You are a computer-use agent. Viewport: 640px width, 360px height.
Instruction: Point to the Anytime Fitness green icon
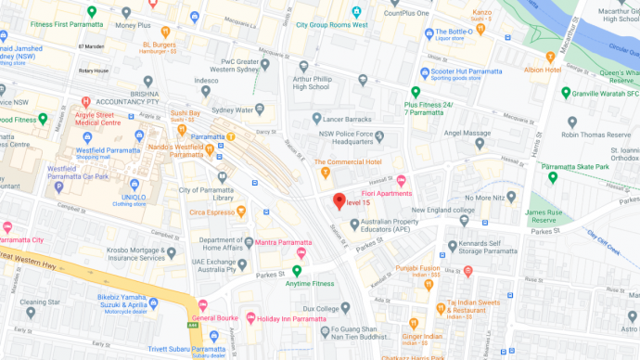pyautogui.click(x=297, y=271)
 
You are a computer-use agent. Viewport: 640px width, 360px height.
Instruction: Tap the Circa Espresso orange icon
pyautogui.click(x=241, y=210)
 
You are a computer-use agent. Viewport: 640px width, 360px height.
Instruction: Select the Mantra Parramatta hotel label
pyautogui.click(x=282, y=243)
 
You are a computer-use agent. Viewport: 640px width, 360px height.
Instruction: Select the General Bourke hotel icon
pyautogui.click(x=203, y=306)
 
